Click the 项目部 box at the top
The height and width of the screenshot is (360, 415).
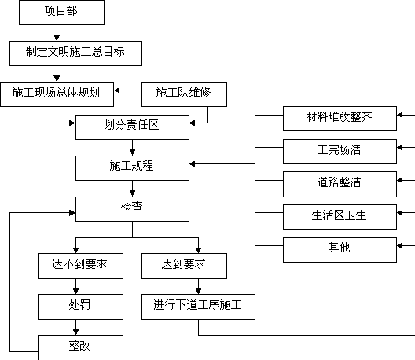tap(61, 13)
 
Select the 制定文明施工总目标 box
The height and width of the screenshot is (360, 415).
tap(75, 53)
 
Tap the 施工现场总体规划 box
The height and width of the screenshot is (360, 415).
tap(57, 94)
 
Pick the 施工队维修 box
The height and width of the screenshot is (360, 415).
tap(184, 94)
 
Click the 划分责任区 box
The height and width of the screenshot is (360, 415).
tap(132, 127)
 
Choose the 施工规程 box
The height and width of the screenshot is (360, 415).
tap(132, 168)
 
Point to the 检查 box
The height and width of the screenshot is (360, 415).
tap(132, 209)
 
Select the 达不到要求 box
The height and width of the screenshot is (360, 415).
tap(80, 266)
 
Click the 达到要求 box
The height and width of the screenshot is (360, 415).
tap(184, 266)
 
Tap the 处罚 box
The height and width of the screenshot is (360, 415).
tap(80, 307)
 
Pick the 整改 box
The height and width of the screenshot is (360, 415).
tap(80, 347)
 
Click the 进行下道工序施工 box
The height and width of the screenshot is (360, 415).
tap(199, 307)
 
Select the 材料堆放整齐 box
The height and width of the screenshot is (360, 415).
tap(340, 119)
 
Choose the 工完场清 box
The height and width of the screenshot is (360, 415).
tap(340, 152)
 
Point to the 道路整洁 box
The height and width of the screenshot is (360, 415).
tap(340, 184)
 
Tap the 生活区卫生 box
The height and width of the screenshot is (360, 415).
tap(340, 217)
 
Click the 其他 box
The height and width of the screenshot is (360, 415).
tap(340, 250)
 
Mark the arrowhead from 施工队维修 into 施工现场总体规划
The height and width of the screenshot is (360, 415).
tap(116, 90)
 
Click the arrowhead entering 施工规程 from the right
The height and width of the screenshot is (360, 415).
tap(192, 164)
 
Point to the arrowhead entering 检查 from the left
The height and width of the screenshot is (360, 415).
tap(72, 213)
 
